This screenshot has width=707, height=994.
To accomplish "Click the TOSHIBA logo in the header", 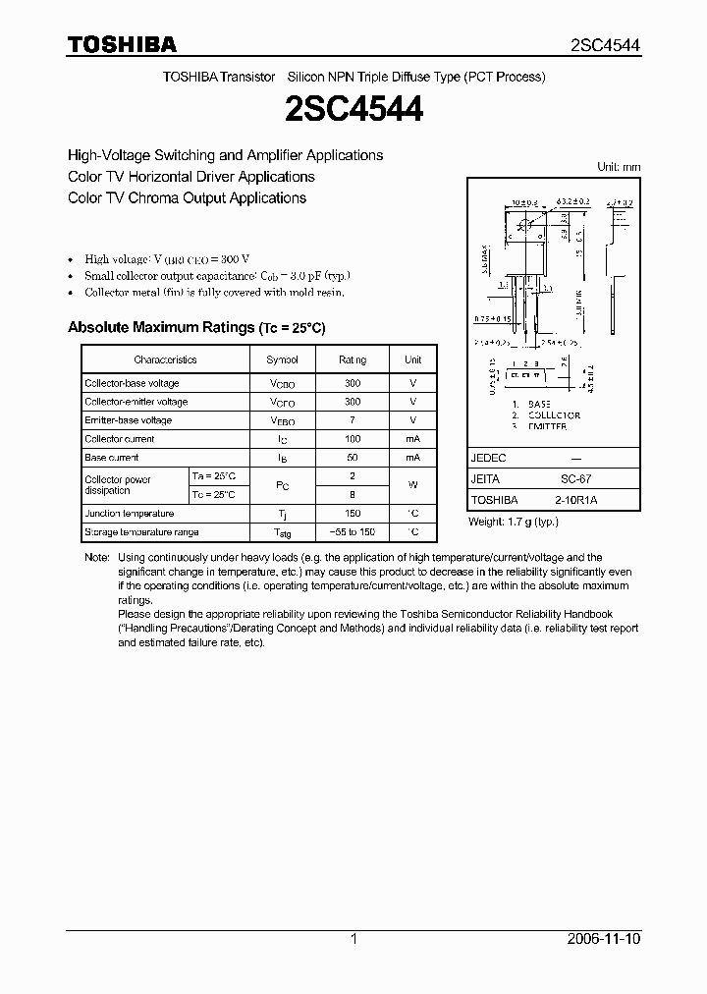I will pos(122,44).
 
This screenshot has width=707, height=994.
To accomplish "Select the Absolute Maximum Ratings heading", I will pos(195,327).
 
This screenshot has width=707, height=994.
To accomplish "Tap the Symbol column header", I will pos(282,359).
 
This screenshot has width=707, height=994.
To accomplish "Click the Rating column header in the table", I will pos(353,359).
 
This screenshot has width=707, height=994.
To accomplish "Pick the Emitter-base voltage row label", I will pos(128,420).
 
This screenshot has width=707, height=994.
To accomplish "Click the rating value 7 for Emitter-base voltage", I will pos(353,420).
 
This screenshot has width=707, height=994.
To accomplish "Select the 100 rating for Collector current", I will pos(353,439).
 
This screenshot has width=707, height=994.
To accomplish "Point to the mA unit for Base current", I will pos(412,458).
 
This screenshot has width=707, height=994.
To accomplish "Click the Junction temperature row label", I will pos(130,514).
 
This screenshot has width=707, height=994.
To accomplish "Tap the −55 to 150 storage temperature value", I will pos(353,532).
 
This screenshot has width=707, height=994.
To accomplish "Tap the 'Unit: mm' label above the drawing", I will pos(619,167).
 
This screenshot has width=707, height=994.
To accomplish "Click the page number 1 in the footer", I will pos(353,939).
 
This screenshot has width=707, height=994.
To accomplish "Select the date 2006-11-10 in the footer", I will pos(604,939).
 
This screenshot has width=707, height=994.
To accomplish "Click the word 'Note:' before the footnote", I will pos(97,557).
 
